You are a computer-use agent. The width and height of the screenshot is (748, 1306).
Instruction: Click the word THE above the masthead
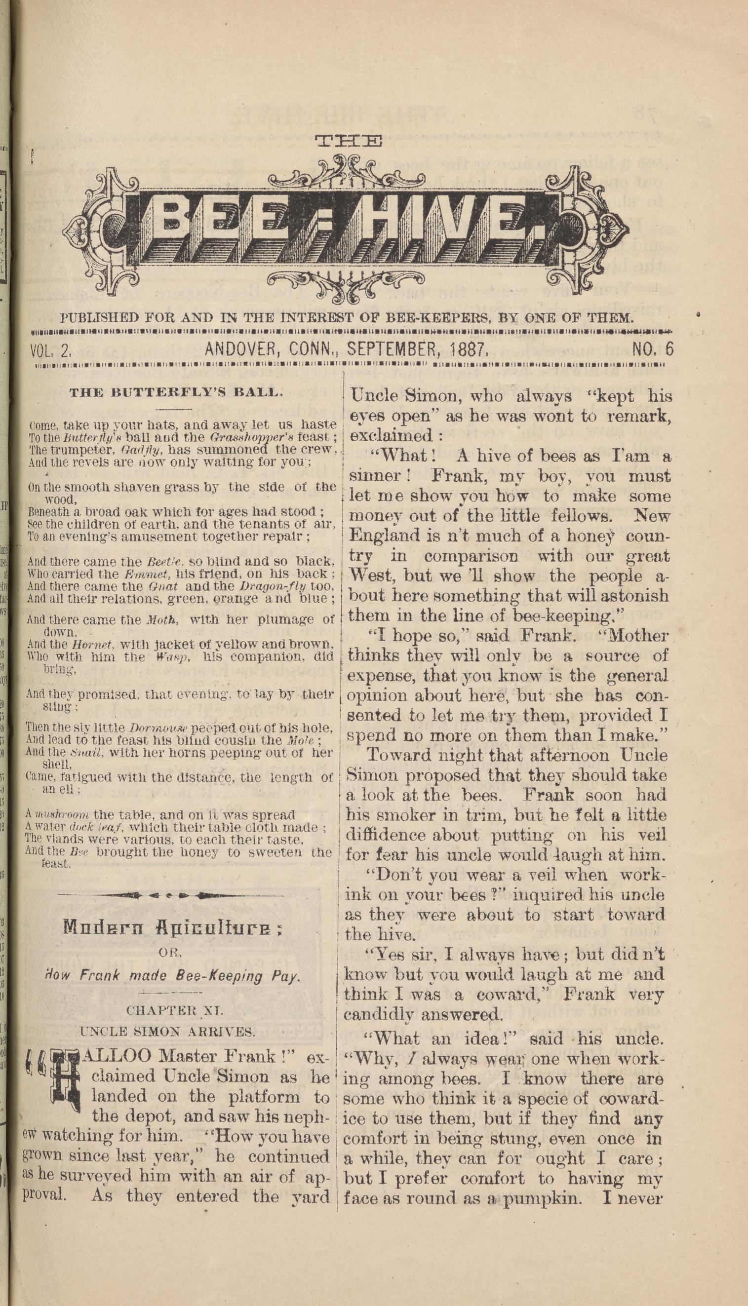(348, 141)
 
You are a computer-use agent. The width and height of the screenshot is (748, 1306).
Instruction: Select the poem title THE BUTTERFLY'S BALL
(176, 393)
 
